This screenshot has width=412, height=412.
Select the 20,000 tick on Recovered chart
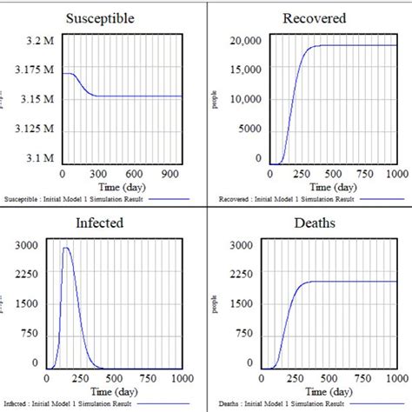click(244, 40)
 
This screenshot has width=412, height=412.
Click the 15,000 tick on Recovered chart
click(244, 70)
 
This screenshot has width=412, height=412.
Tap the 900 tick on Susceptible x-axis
click(170, 174)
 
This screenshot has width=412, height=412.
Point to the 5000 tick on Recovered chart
click(248, 129)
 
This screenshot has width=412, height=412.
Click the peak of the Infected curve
click(66, 248)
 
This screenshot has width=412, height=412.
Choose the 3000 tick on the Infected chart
click(27, 246)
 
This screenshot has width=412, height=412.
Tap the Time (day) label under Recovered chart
click(333, 187)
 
